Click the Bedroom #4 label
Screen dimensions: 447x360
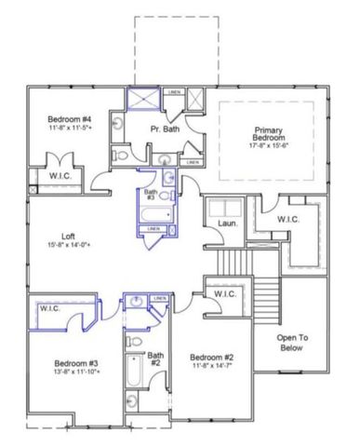click(69, 120)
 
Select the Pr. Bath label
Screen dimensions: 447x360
click(165, 129)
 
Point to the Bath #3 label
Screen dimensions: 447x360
click(150, 194)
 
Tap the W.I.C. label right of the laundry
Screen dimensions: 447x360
click(289, 219)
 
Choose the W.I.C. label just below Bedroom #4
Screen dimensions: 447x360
click(47, 175)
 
